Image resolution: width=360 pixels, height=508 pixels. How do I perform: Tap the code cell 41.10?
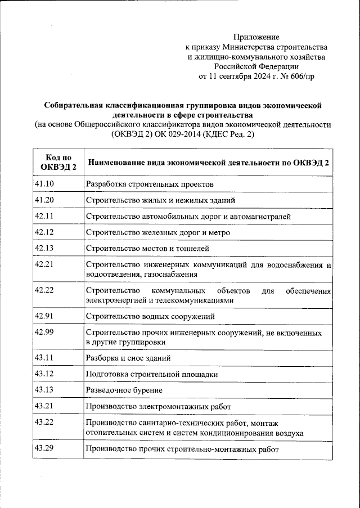44,183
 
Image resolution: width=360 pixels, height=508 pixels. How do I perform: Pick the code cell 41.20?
44,200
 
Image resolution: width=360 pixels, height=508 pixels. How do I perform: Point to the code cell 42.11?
44,216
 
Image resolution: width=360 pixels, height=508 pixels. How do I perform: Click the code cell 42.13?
44,248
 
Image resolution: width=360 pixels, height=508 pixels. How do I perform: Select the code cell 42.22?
44,290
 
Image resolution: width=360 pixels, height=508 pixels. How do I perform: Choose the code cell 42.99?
44,331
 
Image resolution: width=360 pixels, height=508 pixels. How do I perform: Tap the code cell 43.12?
44,374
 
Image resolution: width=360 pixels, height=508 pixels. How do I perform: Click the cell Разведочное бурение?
124,390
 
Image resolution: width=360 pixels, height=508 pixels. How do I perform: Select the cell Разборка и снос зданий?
128,358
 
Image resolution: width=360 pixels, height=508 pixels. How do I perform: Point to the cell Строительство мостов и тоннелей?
147,248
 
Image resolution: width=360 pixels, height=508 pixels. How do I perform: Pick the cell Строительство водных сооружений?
150,317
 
